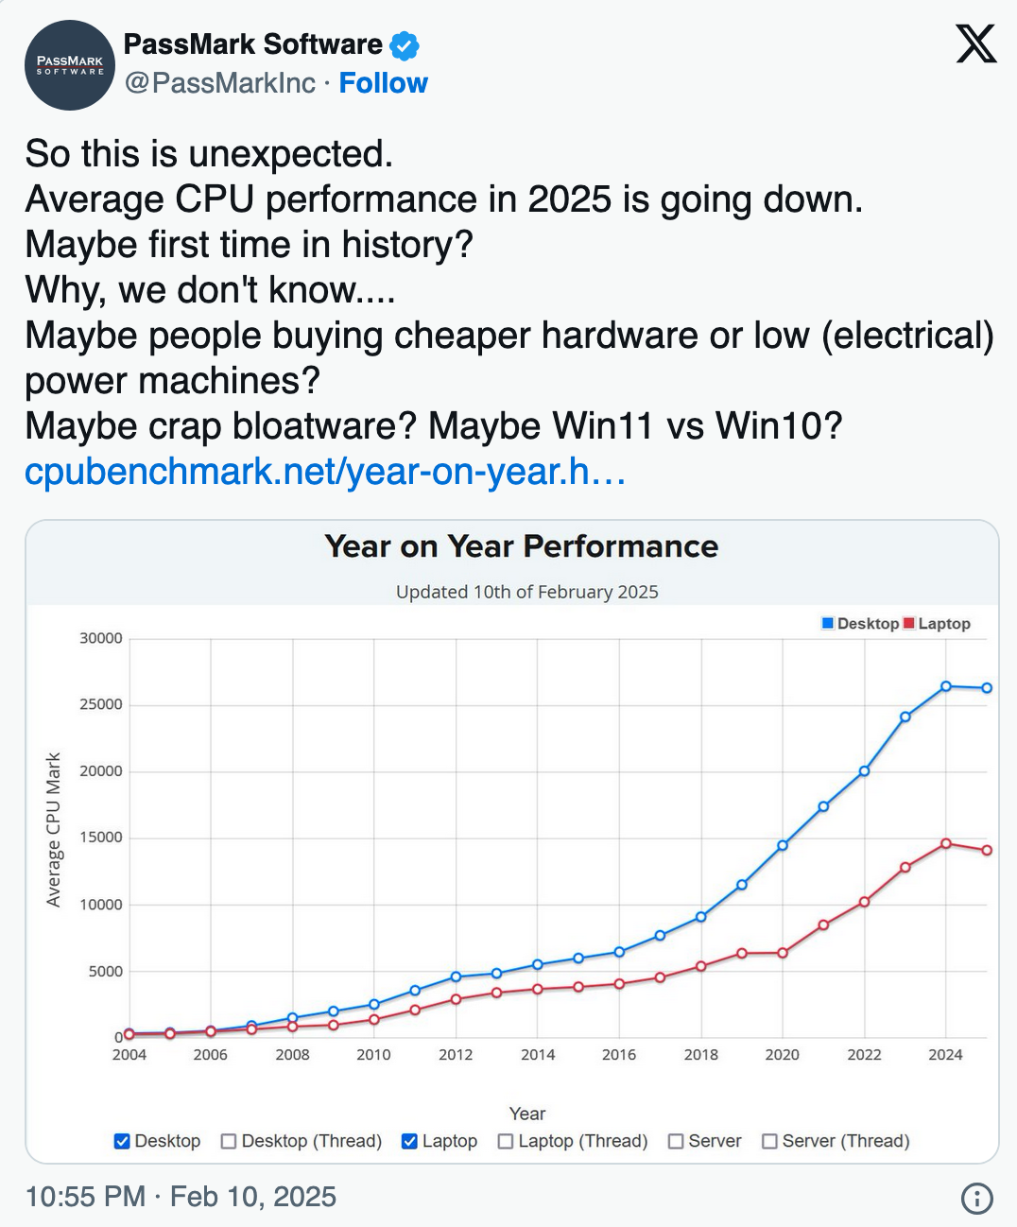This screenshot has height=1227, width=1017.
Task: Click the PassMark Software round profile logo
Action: tap(70, 65)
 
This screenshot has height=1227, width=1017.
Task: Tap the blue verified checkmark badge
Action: tap(405, 44)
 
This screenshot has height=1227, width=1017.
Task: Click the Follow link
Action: tap(383, 83)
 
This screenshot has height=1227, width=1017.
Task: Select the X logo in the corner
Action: tap(975, 44)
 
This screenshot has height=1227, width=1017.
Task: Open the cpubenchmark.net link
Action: tap(325, 471)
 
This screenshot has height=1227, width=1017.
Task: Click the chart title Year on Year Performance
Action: tap(521, 546)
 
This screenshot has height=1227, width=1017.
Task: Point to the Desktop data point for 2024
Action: tap(946, 686)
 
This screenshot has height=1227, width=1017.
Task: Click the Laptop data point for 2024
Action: tap(946, 843)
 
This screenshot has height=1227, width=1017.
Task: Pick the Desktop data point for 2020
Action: tap(783, 845)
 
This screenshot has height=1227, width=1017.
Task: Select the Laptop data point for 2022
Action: tap(864, 902)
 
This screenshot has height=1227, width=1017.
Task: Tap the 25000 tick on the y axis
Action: tap(101, 704)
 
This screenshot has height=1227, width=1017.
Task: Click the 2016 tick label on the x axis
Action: tap(619, 1055)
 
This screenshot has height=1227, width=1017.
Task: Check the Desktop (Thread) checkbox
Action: tap(229, 1141)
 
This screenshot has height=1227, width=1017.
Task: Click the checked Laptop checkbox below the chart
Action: tap(409, 1141)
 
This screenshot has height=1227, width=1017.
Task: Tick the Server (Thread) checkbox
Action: tap(769, 1141)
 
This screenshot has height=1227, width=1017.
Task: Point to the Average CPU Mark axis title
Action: tap(54, 830)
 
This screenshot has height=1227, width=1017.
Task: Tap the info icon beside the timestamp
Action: tap(976, 1198)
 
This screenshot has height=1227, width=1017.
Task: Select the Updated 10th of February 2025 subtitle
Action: tap(526, 592)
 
